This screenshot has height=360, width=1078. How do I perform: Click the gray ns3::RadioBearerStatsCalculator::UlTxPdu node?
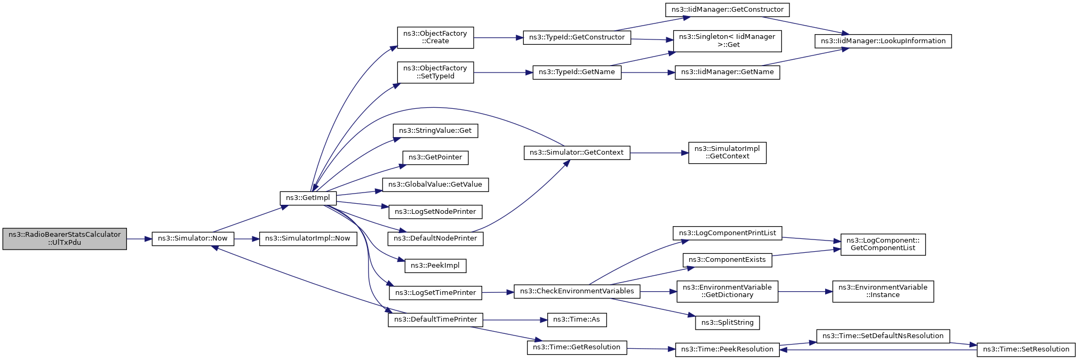(65, 238)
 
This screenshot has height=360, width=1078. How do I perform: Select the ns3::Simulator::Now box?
(193, 238)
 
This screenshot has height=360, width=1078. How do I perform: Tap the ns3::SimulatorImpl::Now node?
(307, 238)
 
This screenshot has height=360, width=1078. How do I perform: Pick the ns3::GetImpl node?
(308, 198)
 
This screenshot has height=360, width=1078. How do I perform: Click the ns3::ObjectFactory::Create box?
(435, 37)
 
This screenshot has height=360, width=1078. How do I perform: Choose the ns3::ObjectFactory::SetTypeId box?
(435, 72)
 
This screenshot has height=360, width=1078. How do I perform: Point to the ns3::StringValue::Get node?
(435, 131)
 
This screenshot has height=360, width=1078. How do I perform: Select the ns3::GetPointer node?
(435, 158)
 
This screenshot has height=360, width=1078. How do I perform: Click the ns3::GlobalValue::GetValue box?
(435, 185)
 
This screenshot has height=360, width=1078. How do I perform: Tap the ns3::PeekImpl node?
(435, 266)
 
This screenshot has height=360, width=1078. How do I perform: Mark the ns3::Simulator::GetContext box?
(577, 153)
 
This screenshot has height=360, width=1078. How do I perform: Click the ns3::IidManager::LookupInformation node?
(883, 41)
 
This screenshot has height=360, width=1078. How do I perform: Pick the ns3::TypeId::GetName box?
(577, 72)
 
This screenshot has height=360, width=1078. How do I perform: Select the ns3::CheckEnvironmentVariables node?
(577, 291)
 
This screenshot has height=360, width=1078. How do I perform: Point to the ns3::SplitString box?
(727, 323)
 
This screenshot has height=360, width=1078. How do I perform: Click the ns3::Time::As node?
(577, 319)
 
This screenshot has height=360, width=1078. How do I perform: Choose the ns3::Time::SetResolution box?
(1026, 349)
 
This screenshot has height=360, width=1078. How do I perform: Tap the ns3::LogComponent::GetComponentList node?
(883, 244)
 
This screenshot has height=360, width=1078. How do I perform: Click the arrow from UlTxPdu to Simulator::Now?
(139, 239)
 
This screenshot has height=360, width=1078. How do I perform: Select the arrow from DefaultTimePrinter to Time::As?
(515, 320)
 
